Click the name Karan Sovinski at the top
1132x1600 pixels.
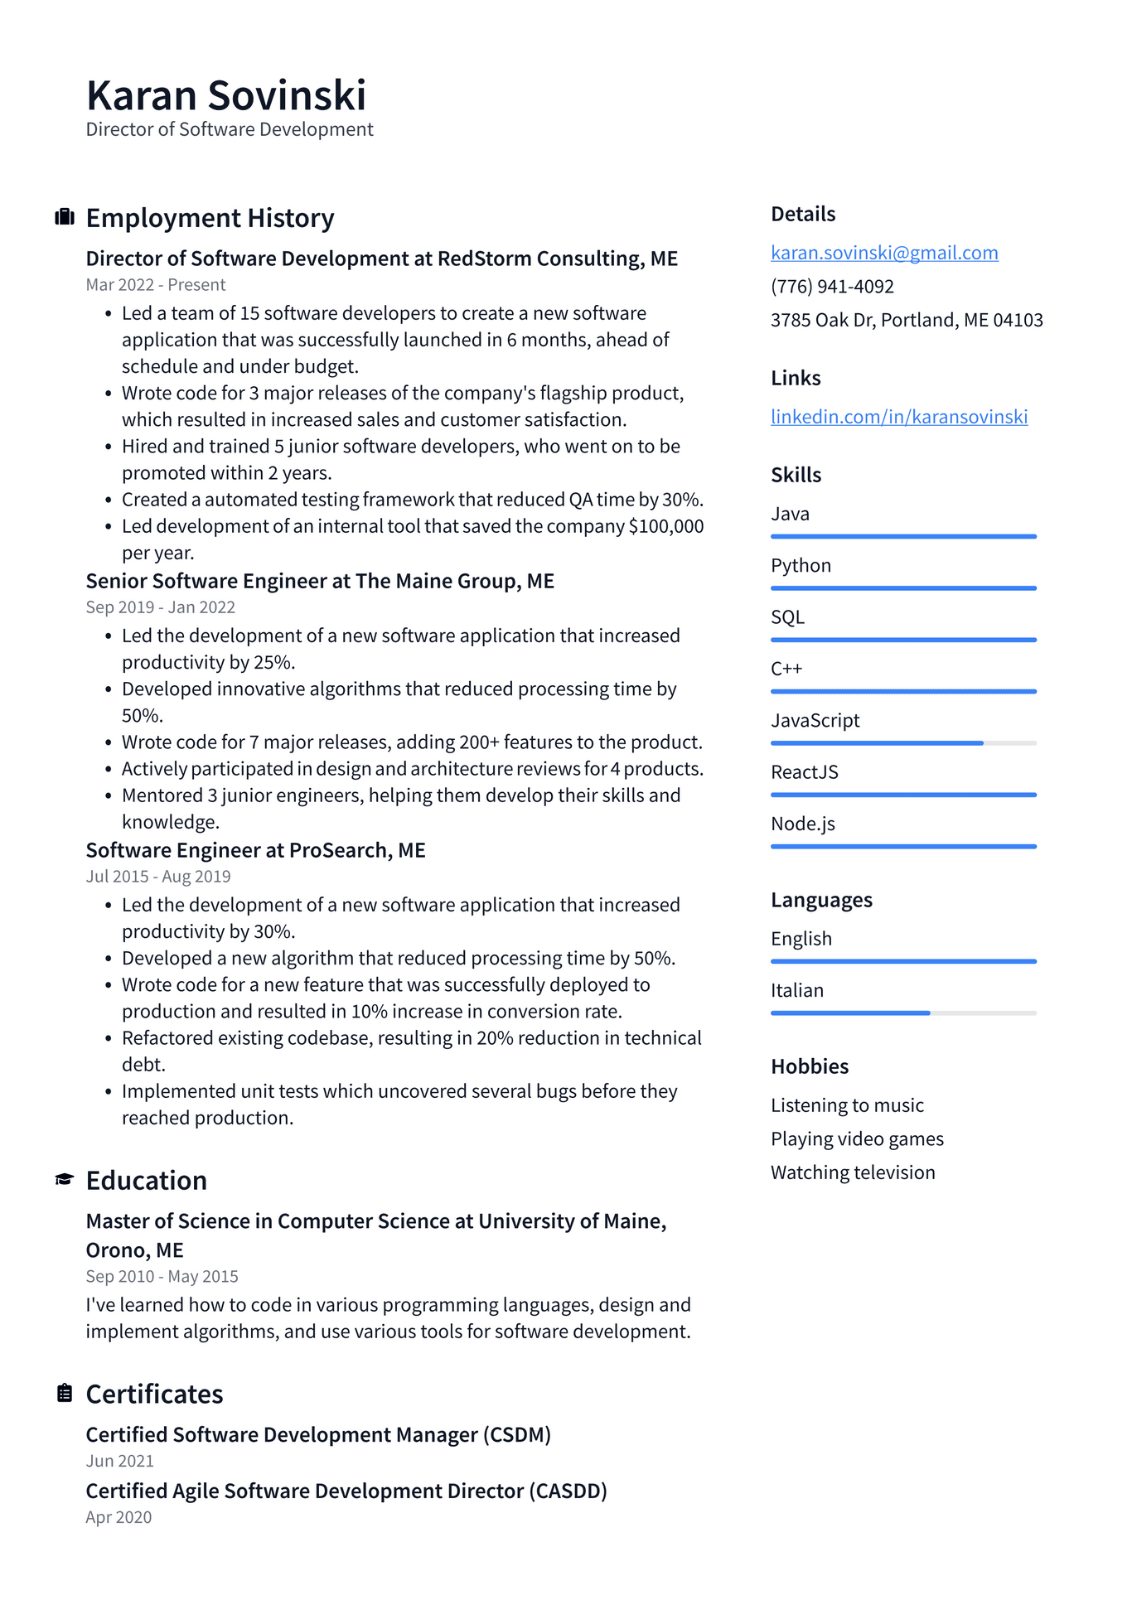225,95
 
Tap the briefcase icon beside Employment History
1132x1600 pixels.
65,218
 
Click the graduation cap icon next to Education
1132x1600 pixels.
65,1180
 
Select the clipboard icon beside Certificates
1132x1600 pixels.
65,1394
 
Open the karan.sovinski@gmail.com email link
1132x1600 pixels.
884,253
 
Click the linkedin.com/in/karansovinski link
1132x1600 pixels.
899,417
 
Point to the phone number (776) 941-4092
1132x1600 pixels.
832,287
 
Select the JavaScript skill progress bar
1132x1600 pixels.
903,743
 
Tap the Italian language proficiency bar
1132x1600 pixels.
903,1013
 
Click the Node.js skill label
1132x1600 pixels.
802,824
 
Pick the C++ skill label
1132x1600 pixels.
786,669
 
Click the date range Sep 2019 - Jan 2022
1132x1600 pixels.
161,607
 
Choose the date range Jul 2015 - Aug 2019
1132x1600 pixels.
158,877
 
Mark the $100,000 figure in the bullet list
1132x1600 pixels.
666,527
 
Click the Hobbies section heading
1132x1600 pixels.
810,1066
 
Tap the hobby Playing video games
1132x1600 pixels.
857,1139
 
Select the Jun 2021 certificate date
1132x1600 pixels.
120,1461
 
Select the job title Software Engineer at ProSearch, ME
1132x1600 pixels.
255,851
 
